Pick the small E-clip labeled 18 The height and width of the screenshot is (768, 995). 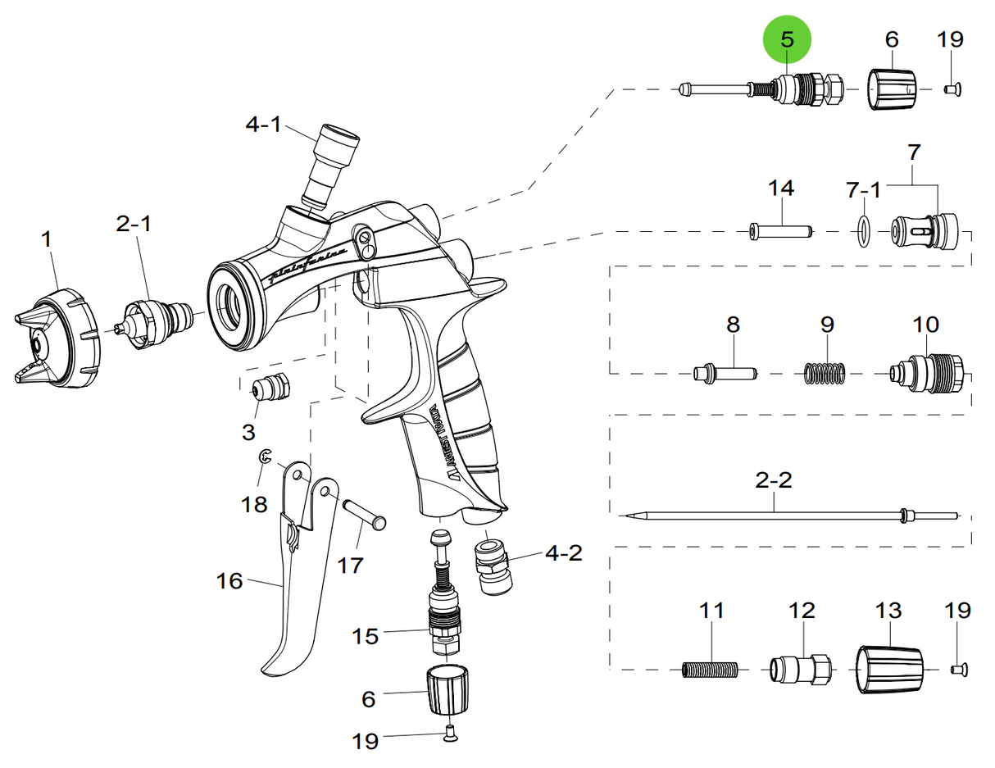click(x=266, y=459)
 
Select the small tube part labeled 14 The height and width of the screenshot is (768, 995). click(x=781, y=232)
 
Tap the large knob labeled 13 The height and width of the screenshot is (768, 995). click(x=890, y=670)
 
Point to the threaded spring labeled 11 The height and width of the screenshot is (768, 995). click(x=711, y=670)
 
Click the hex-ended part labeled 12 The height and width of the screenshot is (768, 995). click(x=802, y=670)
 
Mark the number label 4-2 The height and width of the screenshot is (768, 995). click(x=563, y=553)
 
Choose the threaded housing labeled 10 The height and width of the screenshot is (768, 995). click(x=927, y=374)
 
